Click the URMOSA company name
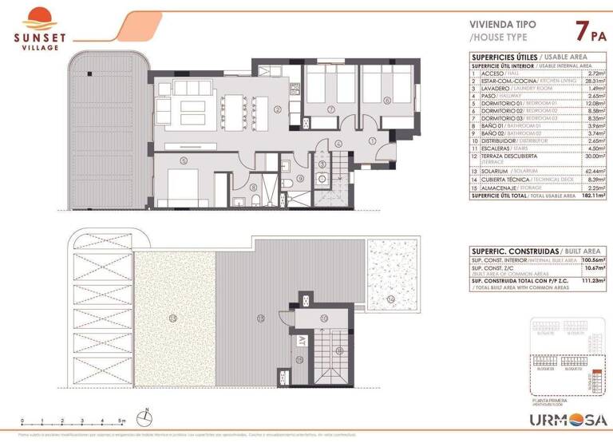click(570, 420)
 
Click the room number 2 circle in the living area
click(277, 109)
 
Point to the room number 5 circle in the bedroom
click(184, 160)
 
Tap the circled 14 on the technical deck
click(391, 299)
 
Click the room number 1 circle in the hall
click(372, 141)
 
